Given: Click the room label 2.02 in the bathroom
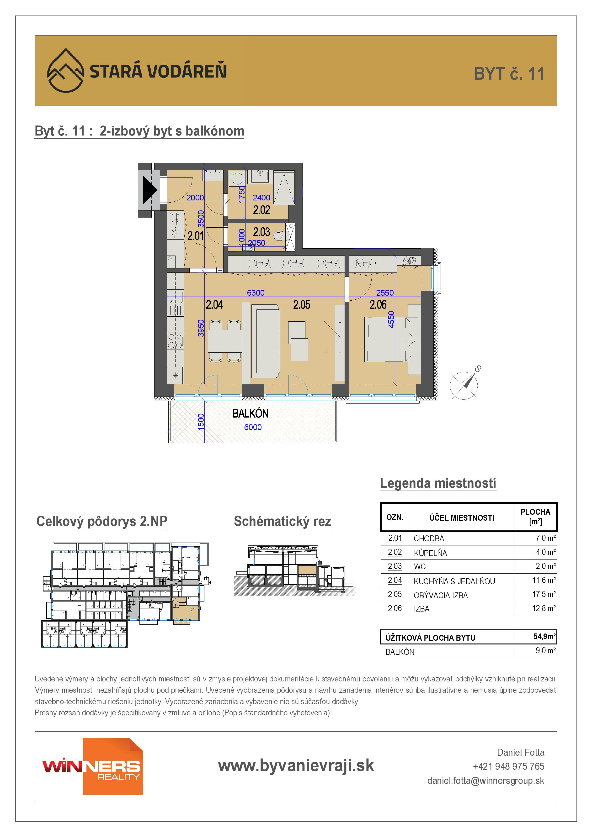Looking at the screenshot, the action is (261, 210).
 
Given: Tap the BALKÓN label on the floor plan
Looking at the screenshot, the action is (251, 413).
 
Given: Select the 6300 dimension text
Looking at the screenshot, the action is (256, 293).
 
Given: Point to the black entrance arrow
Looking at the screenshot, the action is (149, 190).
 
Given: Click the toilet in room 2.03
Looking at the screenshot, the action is (280, 236).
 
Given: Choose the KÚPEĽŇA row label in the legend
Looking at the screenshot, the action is (430, 553).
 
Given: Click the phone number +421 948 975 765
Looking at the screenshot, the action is (508, 766).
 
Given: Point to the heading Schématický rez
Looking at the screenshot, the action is (282, 521).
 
